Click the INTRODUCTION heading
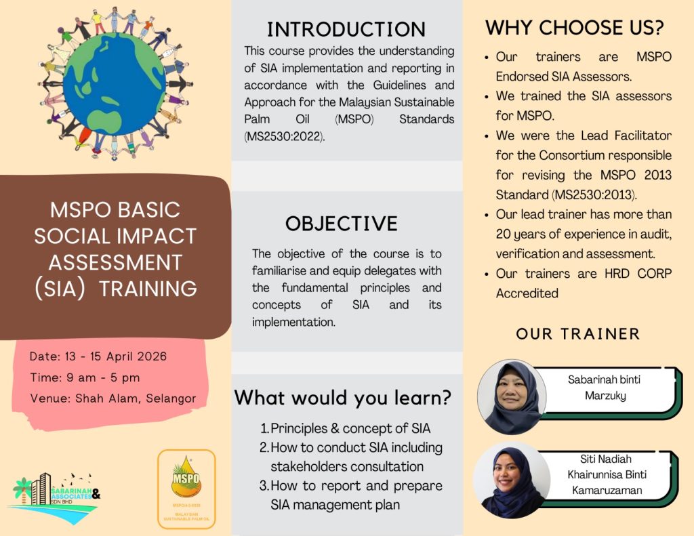346,29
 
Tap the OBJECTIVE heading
341,224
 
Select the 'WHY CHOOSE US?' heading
574,28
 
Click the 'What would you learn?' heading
343,398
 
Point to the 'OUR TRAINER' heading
578,333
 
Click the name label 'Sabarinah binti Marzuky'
603,387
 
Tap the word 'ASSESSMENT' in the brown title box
115,262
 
